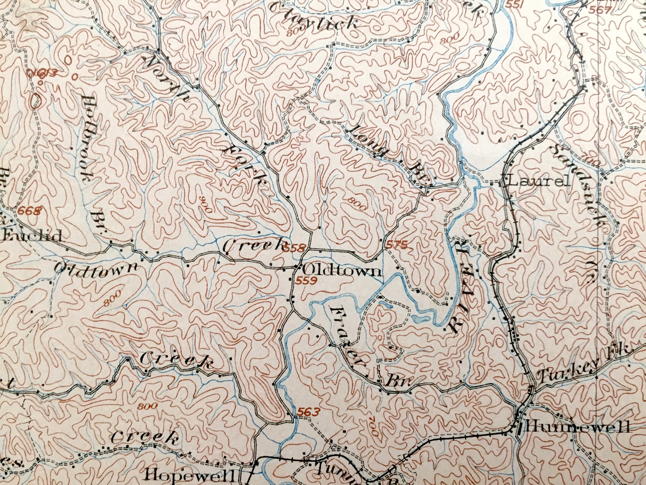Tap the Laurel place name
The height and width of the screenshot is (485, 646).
coord(539,182)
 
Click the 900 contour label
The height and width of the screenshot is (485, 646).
coord(206,204)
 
